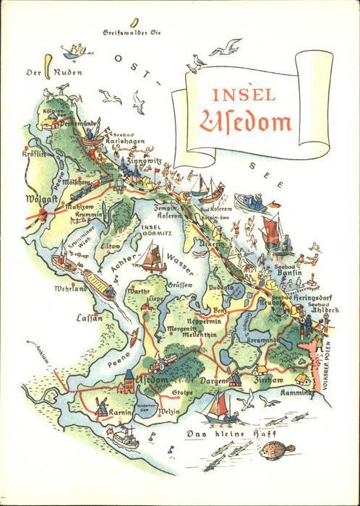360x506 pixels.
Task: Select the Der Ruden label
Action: [x=44, y=72]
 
